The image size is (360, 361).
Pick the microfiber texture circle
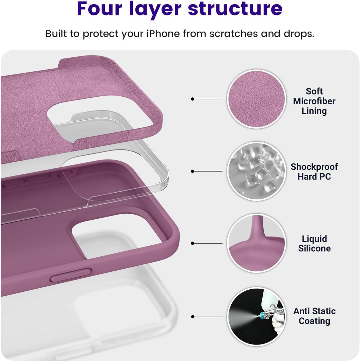tap(256, 99)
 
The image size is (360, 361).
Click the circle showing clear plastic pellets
tap(256, 171)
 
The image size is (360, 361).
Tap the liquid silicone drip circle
tap(256, 243)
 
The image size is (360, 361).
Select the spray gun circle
tap(256, 316)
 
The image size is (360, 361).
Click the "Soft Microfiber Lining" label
tap(314, 101)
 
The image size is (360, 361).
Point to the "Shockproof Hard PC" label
tap(314, 172)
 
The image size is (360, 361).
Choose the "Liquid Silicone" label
tap(314, 244)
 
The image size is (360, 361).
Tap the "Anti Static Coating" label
tap(314, 316)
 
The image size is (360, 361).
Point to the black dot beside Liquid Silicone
tap(192, 243)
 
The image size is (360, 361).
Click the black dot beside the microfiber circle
tap(192, 99)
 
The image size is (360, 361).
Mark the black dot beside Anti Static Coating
tap(192, 317)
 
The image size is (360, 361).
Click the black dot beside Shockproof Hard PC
tap(192, 171)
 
